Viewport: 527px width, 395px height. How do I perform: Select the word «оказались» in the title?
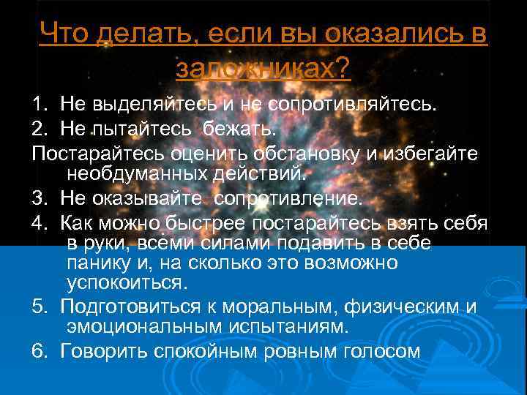pyautogui.click(x=393, y=33)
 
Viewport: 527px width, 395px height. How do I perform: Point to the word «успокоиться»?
pyautogui.click(x=125, y=282)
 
